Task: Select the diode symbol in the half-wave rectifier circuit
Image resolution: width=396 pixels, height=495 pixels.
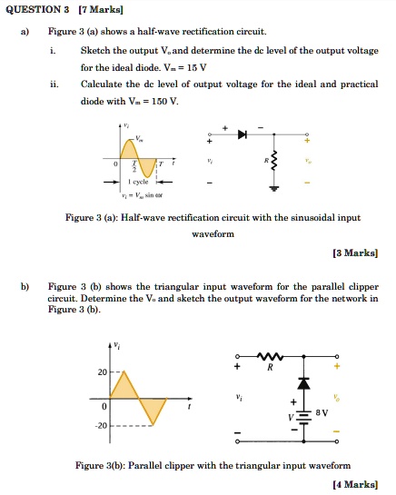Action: pos(243,134)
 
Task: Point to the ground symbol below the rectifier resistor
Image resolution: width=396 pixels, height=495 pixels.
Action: pos(272,190)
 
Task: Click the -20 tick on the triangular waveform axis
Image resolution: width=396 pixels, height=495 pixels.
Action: pos(102,425)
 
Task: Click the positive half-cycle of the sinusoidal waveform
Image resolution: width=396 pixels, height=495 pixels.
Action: pos(130,149)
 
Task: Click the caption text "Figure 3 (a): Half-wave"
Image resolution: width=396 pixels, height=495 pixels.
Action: pos(137,218)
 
